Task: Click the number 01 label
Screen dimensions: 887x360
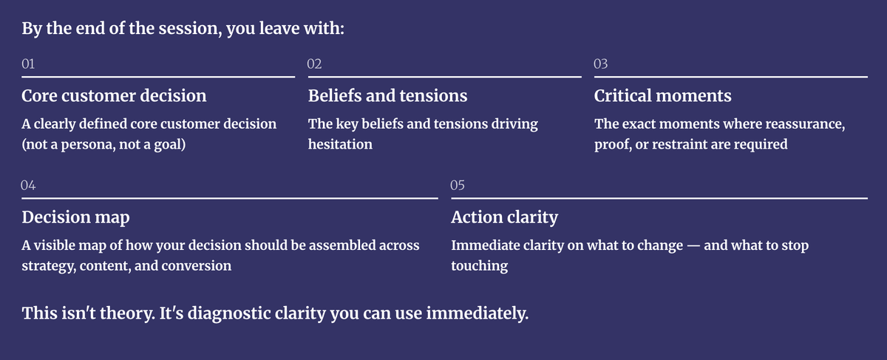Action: click(x=28, y=64)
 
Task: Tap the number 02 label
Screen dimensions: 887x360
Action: click(x=314, y=64)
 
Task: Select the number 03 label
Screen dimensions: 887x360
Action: click(x=601, y=64)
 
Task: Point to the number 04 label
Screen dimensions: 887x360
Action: click(x=28, y=185)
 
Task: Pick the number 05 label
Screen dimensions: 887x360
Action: click(x=458, y=185)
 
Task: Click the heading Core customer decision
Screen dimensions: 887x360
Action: click(x=114, y=95)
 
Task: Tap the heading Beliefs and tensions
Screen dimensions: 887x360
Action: click(x=387, y=95)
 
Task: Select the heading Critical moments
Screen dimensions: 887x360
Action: click(x=663, y=95)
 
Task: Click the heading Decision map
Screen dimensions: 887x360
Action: click(x=75, y=217)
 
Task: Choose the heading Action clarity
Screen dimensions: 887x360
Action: click(x=504, y=217)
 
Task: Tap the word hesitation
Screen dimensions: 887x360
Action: click(x=340, y=144)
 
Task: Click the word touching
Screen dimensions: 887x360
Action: click(x=479, y=266)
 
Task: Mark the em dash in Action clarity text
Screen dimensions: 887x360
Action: click(x=693, y=246)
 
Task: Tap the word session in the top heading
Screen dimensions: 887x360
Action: click(x=190, y=29)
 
